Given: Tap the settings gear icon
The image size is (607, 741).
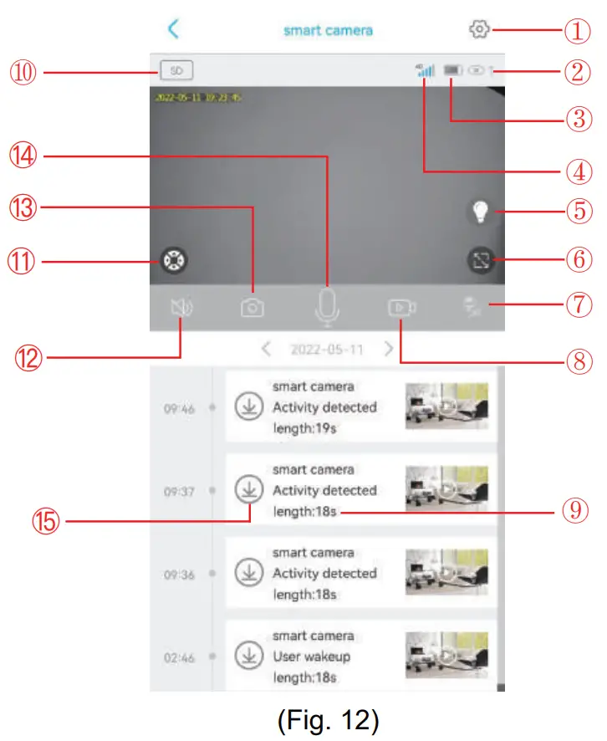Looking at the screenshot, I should coord(479,29).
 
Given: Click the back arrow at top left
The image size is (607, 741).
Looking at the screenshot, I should coord(173,29).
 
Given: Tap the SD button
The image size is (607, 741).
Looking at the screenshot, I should coord(176,71).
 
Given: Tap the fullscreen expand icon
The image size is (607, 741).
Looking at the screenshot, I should coord(480,261).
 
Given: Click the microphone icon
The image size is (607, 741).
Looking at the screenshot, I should coord(327,307).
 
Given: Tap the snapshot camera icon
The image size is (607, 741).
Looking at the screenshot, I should coord(252,308).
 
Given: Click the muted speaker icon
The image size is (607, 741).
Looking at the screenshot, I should coord(181,308).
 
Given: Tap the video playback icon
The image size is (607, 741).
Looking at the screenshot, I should coord(401,308).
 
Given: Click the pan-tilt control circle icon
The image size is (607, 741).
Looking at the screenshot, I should coord(173,261).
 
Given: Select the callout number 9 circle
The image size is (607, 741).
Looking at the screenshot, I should coord(574,509).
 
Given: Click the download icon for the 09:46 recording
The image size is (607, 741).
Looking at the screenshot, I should coord(248,406).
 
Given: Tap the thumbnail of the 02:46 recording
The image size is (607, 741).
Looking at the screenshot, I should coord(446,653).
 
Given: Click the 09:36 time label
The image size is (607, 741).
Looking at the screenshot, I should coord(179,575).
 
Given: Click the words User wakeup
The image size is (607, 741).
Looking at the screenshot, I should coord(311,657).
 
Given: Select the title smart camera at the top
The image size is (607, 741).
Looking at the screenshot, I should coord(328,30).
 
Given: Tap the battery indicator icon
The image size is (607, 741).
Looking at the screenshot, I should coord(454,72).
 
